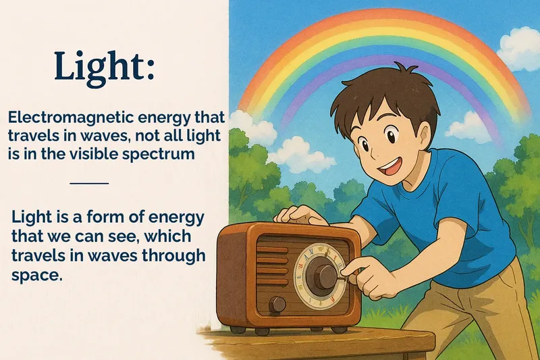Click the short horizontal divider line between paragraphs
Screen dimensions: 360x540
pyautogui.click(x=89, y=183)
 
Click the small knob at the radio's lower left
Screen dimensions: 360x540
pyautogui.click(x=277, y=305)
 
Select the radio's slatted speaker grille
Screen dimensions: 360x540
pyautogui.click(x=273, y=267)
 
